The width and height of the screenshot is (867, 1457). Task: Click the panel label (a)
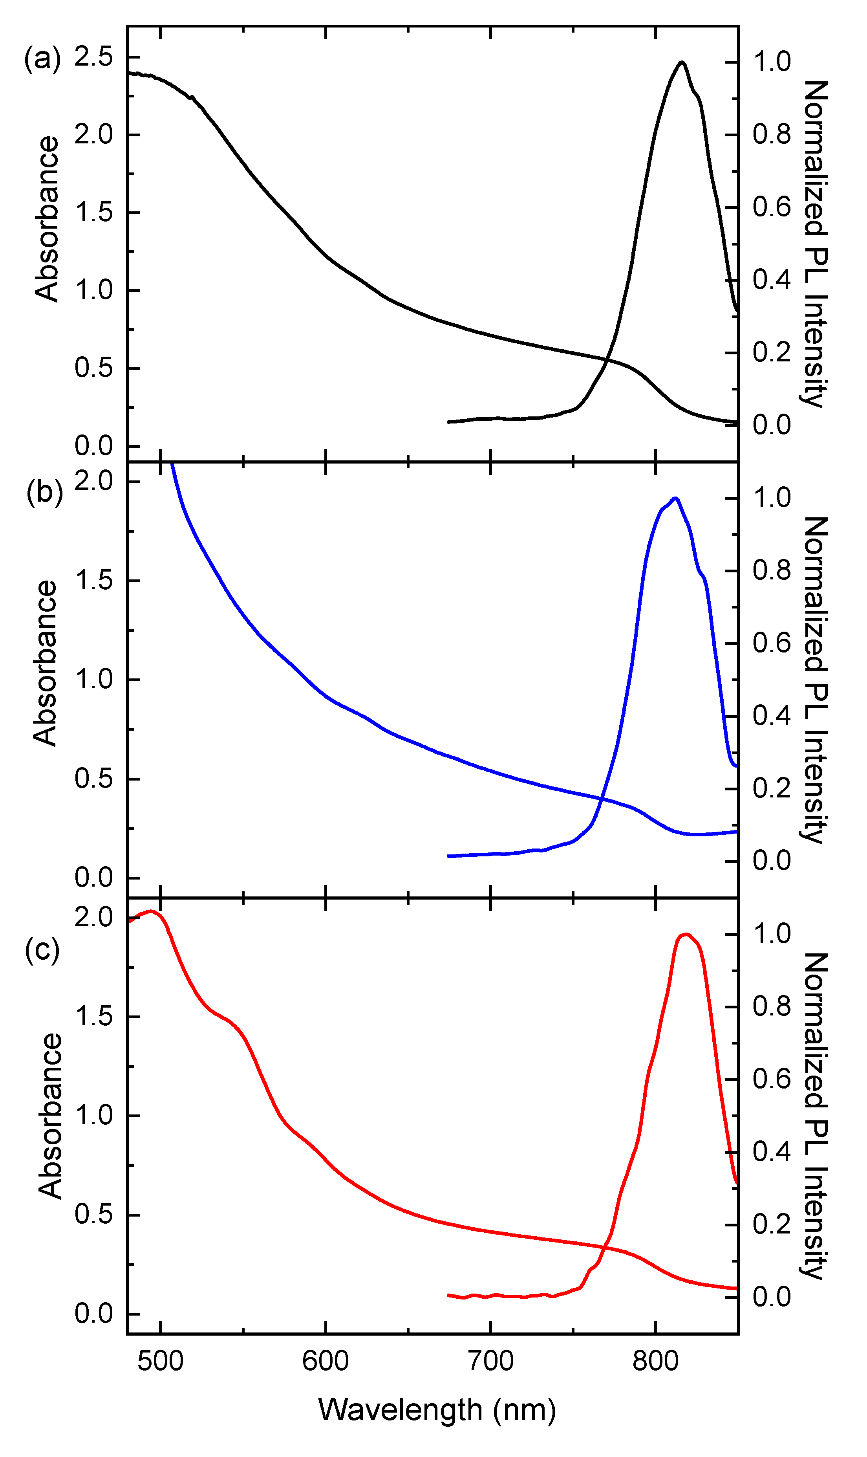click(42, 59)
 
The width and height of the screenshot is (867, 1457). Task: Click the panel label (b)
click(44, 492)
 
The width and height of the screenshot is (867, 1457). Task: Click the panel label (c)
click(42, 950)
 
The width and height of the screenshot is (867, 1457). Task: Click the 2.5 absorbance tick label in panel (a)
click(93, 57)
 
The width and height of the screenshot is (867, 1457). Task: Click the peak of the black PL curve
click(681, 62)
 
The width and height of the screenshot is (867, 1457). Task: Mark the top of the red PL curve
click(686, 934)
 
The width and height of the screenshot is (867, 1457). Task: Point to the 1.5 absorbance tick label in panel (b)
click(93, 581)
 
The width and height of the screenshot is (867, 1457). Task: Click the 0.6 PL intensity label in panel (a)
click(771, 207)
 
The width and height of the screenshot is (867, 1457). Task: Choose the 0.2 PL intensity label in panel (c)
click(771, 1224)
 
